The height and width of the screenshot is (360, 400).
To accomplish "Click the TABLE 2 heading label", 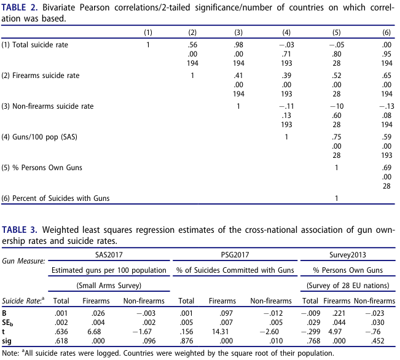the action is [20, 7].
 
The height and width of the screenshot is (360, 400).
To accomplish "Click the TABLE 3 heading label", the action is [20, 230].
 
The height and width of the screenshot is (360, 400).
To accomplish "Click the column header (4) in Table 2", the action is [286, 33].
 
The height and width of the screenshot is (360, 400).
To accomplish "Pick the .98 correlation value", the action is [238, 45].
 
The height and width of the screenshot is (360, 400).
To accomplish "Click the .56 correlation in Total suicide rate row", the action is [192, 45].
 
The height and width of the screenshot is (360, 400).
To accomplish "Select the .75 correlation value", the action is [337, 137].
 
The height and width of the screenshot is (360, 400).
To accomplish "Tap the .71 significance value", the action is [286, 54].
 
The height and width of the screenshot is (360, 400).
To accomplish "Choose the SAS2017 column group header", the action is [109, 255].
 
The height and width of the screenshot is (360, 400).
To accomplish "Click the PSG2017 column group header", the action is [235, 255].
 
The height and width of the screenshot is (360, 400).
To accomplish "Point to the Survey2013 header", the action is [347, 255].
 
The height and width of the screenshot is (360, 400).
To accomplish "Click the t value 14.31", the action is [220, 332].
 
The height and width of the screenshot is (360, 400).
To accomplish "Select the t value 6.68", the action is [94, 332].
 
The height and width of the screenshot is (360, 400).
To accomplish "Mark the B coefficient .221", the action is [339, 313].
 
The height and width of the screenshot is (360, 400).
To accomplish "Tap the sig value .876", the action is [186, 341].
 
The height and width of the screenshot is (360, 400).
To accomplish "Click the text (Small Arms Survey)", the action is [109, 286].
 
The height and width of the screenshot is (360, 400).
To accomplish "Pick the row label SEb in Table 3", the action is [7, 323].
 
